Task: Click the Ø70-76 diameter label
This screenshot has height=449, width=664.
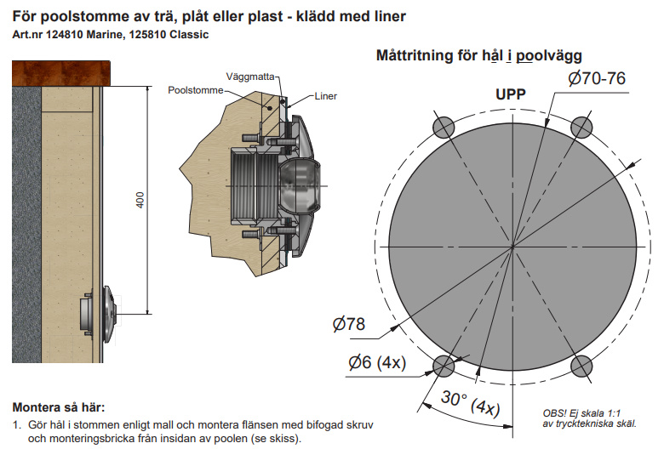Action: pos(597,79)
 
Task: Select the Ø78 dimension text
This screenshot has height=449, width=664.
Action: pos(349,324)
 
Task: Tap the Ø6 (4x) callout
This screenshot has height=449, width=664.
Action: pos(377,363)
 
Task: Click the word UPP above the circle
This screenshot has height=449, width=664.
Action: pos(511,94)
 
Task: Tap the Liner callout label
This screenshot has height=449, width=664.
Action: pos(325,96)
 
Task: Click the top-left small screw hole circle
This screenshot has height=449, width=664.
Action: pos(444,127)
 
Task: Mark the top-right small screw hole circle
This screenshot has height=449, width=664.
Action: pos(581,127)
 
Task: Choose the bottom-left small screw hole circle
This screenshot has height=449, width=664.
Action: pos(444,366)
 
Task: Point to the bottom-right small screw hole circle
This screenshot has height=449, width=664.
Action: pos(581,366)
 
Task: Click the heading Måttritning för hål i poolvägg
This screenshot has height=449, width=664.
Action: pos(478,56)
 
